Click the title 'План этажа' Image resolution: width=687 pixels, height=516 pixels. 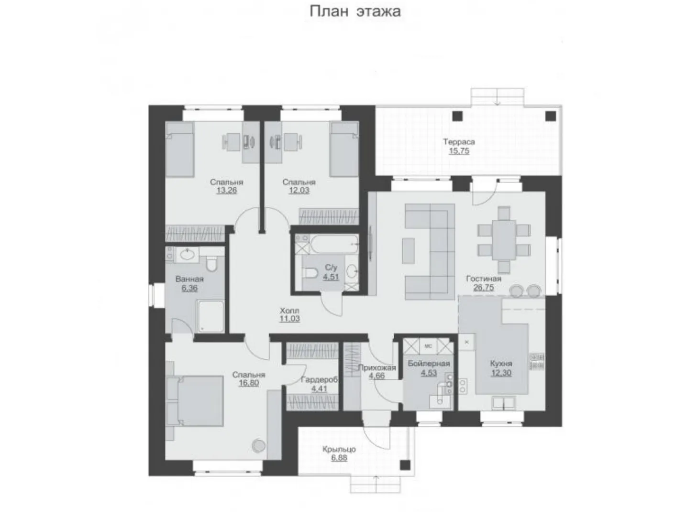(x=355, y=11)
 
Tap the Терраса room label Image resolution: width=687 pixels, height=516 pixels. (x=459, y=142)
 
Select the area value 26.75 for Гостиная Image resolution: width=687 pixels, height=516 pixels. (x=484, y=288)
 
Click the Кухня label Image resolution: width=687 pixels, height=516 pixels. (x=501, y=364)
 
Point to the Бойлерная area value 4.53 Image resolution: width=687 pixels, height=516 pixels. (x=429, y=373)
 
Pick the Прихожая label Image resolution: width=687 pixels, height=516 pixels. (x=377, y=367)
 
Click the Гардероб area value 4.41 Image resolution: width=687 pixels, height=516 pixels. (x=319, y=389)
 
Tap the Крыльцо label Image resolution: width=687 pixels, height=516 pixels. (x=339, y=449)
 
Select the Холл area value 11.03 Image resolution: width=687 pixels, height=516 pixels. (x=289, y=319)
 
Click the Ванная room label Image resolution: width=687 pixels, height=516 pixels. (x=189, y=279)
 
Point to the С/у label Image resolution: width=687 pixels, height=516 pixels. (x=331, y=268)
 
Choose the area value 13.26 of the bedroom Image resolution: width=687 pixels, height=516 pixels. (x=227, y=190)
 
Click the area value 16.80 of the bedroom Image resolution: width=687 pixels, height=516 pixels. (x=249, y=383)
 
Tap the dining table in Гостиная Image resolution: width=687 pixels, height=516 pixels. (x=504, y=240)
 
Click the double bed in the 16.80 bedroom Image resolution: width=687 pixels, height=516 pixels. (x=195, y=401)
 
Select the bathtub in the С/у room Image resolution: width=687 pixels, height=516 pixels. (x=333, y=245)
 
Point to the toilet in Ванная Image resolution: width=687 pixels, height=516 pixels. (x=212, y=264)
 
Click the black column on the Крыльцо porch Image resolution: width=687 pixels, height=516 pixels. (x=405, y=465)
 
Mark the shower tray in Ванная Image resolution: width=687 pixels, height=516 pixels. (x=211, y=316)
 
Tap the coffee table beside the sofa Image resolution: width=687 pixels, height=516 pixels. (x=408, y=250)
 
